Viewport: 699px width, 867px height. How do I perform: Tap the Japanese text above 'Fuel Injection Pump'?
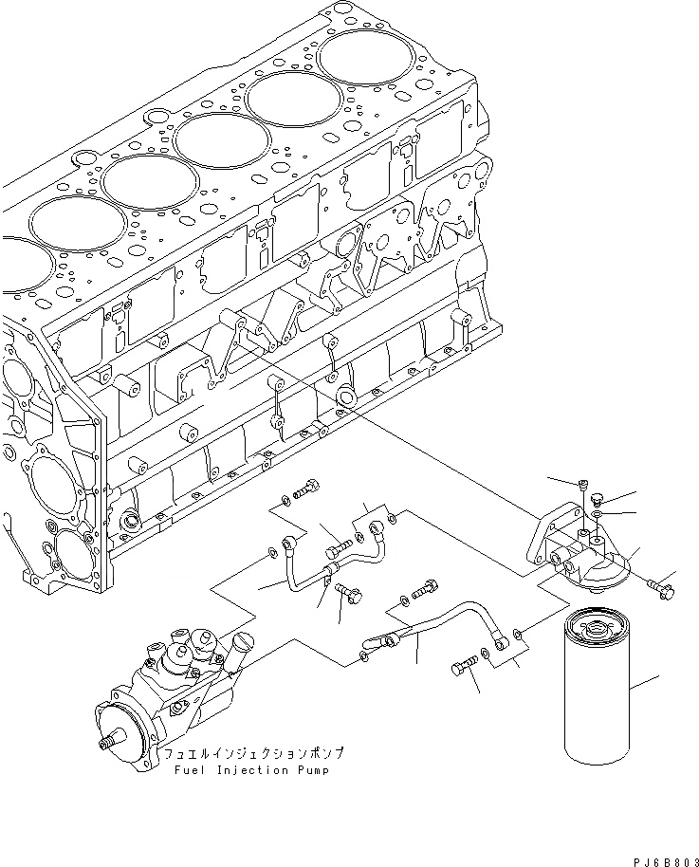[252, 753]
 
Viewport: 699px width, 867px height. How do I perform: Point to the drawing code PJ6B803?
[654, 857]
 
